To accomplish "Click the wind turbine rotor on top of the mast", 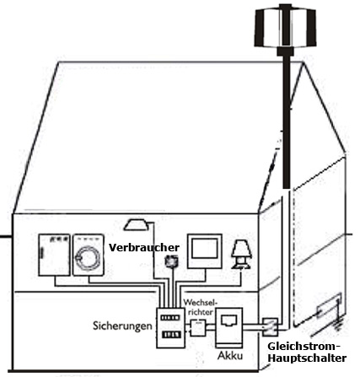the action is click(285, 27).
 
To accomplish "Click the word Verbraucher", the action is click(144, 248).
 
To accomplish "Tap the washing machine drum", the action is click(88, 258).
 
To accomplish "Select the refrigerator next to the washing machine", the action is click(54, 255).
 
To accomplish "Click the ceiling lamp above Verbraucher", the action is click(136, 224).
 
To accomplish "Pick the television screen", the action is click(205, 249).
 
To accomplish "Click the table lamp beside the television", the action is click(242, 255).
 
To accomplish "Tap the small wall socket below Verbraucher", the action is click(171, 261).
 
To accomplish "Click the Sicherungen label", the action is click(122, 326).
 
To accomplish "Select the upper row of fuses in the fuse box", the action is click(170, 318).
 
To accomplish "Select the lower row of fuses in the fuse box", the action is click(170, 335).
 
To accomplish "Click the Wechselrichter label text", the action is click(201, 307).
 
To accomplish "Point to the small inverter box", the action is click(198, 328).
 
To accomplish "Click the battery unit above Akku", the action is click(229, 328).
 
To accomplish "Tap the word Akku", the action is click(230, 356).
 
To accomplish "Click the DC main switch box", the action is click(271, 327).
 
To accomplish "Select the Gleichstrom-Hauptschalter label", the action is click(307, 353).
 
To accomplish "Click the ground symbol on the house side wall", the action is click(339, 323).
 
